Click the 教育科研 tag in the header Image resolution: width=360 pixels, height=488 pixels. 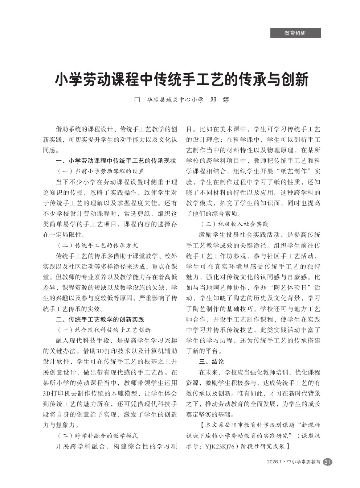click(295, 33)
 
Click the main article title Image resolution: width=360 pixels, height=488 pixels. click(181, 79)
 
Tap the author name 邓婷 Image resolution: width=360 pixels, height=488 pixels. click(220, 100)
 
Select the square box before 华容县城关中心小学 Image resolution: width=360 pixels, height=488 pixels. click(137, 100)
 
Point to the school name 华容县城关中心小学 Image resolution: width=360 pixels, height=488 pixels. click(175, 100)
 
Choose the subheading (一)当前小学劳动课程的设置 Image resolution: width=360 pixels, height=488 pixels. click(101, 171)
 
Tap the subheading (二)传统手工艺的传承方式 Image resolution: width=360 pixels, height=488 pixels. click(98, 245)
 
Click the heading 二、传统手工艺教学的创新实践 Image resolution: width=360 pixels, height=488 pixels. click(100, 319)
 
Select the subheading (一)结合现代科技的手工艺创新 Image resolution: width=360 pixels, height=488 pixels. click(104, 330)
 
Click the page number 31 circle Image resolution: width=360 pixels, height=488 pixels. click(327, 462)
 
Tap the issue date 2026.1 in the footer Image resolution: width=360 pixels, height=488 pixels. click(274, 462)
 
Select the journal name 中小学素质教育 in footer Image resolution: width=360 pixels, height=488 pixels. click(304, 462)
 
